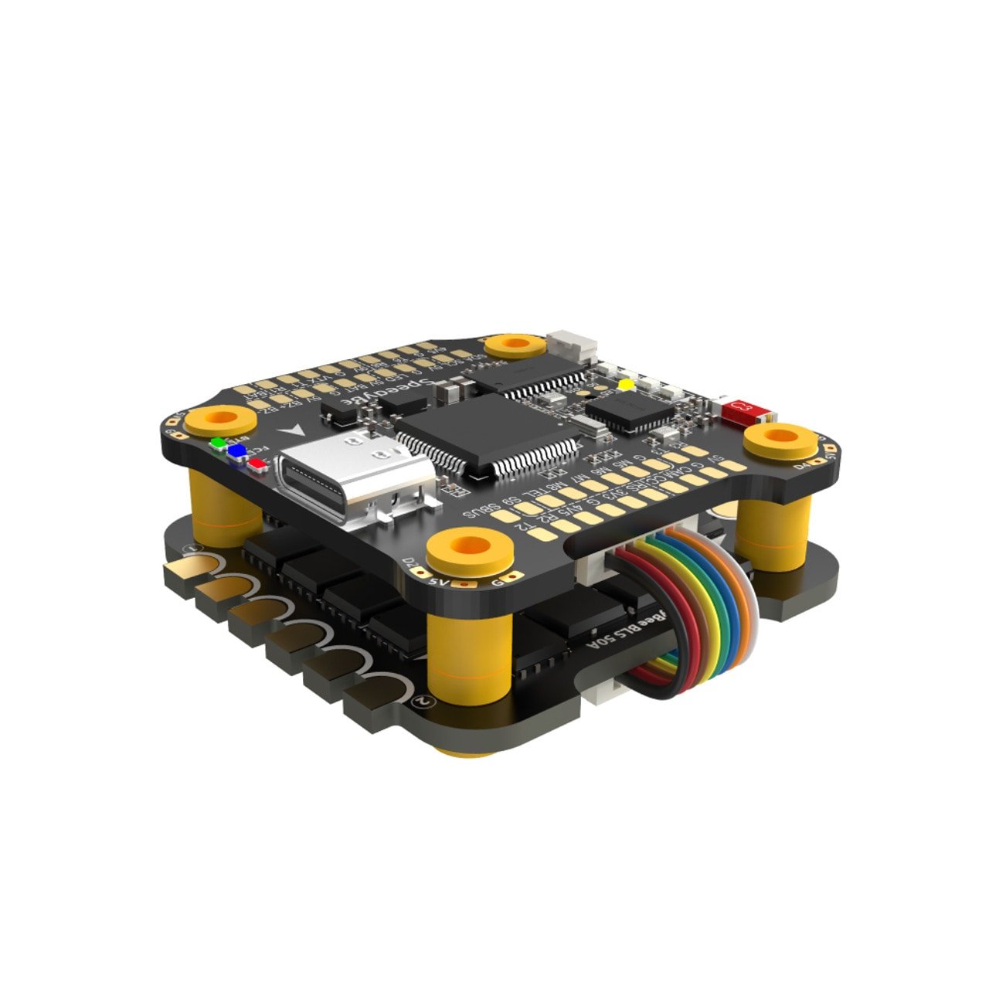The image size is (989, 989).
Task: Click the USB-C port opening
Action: click(352, 476)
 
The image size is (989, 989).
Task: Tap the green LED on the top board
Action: click(218, 444)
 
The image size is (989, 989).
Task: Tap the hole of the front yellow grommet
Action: click(471, 545)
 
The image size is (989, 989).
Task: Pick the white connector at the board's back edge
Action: click(571, 348)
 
